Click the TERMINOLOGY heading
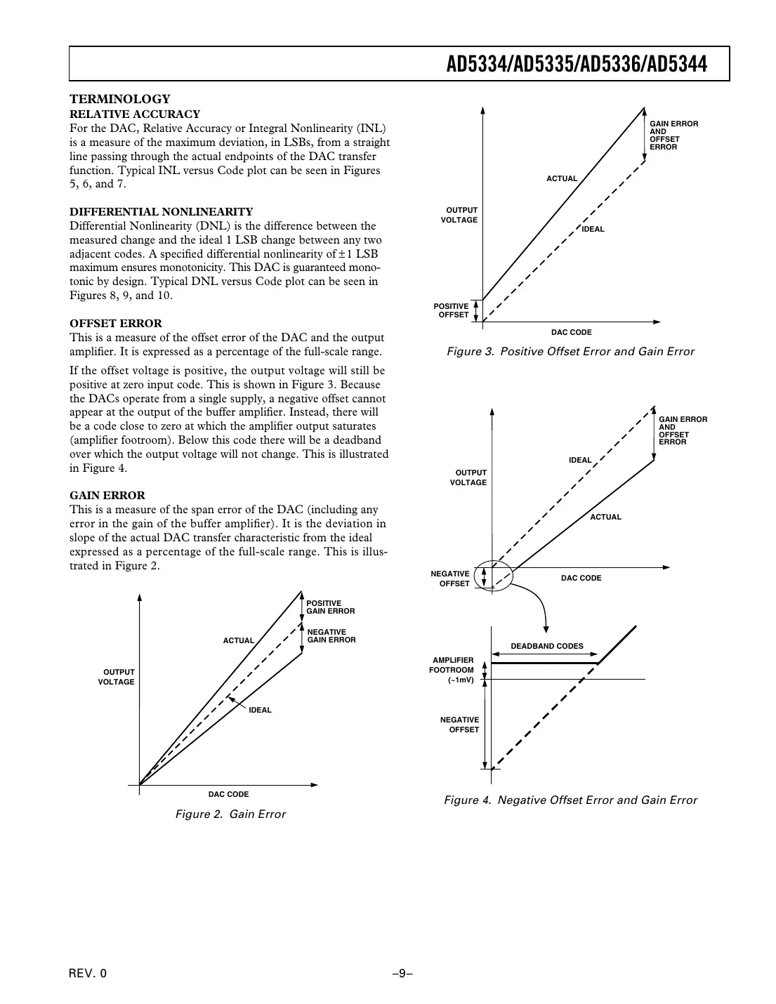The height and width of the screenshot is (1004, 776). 119,100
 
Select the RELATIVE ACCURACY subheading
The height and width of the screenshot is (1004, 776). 135,114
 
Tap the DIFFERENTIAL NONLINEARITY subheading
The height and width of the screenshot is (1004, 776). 161,212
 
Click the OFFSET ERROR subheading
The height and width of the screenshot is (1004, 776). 116,324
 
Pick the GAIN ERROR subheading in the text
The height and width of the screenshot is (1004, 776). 107,496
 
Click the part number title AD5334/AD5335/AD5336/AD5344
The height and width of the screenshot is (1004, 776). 577,65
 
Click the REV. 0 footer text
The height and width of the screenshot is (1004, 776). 88,973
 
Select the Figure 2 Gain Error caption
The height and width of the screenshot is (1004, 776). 230,814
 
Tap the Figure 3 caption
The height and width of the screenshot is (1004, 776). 570,352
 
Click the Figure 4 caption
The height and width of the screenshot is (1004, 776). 570,800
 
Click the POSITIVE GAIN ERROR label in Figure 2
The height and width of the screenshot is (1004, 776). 330,607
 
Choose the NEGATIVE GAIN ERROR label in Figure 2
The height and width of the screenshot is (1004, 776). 331,636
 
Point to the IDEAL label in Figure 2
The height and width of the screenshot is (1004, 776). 259,710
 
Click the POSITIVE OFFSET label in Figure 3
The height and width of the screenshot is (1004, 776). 451,310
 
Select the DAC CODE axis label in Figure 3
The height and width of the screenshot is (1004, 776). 571,332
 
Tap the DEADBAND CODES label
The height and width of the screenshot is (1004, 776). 546,646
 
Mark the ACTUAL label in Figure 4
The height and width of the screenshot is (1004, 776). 605,517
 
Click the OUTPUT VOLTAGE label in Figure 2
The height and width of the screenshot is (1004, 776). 117,678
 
